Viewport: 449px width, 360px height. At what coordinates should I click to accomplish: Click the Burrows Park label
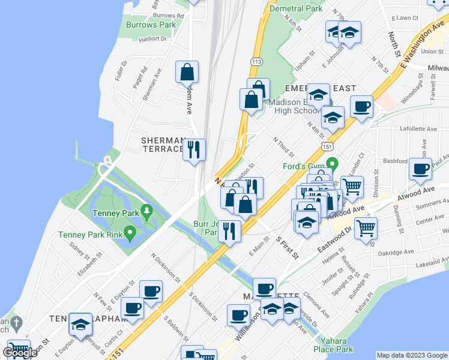(151, 25)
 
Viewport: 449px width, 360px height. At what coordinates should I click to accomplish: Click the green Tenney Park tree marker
(145, 211)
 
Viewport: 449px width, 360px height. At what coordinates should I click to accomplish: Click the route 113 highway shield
(256, 62)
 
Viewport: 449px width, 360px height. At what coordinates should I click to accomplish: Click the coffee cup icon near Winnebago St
(361, 106)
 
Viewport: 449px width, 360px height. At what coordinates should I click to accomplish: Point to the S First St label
(287, 246)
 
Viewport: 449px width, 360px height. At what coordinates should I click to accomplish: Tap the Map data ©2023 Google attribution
(412, 355)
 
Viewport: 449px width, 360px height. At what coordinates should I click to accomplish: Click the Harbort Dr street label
(152, 39)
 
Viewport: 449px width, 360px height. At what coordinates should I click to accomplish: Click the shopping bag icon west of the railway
(187, 73)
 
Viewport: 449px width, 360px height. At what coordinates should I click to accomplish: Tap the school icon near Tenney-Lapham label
(80, 324)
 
